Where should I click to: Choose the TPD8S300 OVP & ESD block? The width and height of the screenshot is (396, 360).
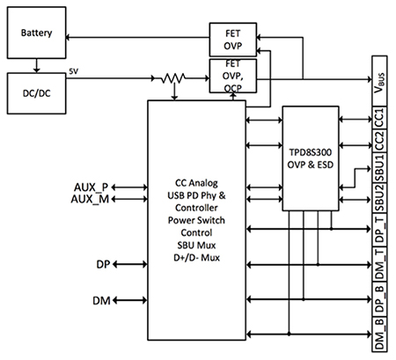pos(312,158)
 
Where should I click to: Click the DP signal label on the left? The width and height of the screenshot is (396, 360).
pos(102,264)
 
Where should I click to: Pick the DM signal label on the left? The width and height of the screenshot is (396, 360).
pos(102,302)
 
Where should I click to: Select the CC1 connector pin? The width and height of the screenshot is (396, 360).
pos(378,119)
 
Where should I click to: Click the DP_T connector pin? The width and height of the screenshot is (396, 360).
pos(378,230)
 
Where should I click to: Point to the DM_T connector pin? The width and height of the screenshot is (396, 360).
pos(378,261)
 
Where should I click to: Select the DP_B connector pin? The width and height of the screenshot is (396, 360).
pos(378,294)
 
